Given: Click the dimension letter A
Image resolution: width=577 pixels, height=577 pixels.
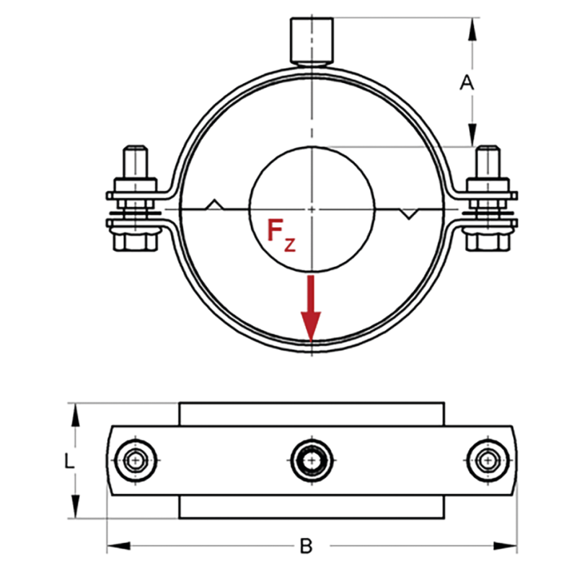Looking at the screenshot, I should [x=467, y=83].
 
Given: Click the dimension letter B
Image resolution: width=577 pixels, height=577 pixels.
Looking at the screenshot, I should [x=306, y=546].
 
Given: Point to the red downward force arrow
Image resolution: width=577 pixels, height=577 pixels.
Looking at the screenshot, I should [x=311, y=310].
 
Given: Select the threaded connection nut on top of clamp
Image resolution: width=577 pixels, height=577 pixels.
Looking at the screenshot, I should [x=311, y=40].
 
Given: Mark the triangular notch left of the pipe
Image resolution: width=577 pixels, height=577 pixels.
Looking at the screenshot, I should [x=214, y=204].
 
